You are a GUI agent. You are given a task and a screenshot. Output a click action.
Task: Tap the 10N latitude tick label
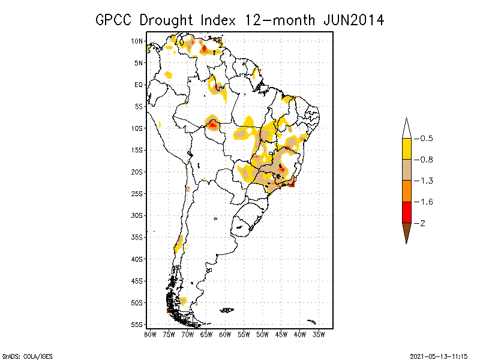pos(137,41)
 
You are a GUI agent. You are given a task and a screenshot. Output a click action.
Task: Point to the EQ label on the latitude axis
pos(139,85)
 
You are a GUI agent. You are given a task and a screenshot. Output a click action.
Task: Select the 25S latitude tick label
pos(137,193)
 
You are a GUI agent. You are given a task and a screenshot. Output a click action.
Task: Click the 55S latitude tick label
pos(137,324)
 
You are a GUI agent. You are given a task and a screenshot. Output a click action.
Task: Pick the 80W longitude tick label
pos(150,334)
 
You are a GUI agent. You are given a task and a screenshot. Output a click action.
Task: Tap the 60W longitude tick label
pos(224,334)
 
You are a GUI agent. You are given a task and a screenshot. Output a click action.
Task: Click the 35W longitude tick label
pos(318,334)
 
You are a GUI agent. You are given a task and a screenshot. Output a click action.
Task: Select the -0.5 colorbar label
pos(427,138)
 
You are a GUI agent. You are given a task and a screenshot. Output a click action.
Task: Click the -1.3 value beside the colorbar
pos(427,181)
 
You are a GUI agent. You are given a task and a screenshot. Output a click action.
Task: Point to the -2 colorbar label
pos(423,223)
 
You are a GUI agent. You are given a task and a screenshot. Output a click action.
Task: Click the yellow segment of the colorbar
pos(406,149)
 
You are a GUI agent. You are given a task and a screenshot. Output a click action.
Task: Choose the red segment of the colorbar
pos(406,212)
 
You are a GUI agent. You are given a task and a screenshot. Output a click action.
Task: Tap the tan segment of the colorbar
pos(406,170)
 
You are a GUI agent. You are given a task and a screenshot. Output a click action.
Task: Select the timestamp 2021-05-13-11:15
pos(439,355)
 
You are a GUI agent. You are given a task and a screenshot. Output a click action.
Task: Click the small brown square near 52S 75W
pos(169,310)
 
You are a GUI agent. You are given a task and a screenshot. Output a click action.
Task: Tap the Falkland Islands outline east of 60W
pos(227,310)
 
